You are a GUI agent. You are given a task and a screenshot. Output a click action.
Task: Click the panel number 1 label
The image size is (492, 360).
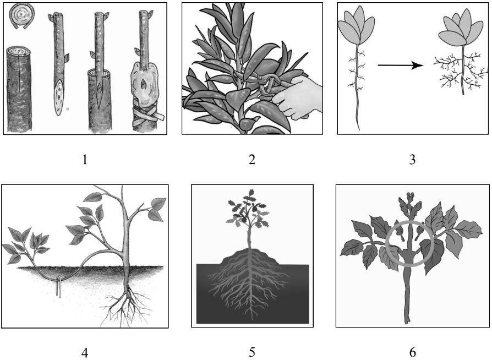84,160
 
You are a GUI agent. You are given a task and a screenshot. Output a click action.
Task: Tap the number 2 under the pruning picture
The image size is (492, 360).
252,160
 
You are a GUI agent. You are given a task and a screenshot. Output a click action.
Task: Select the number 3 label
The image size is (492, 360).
412,160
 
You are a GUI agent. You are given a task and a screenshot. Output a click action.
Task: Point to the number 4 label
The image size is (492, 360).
84,353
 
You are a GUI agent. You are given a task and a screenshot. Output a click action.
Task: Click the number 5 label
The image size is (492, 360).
252,353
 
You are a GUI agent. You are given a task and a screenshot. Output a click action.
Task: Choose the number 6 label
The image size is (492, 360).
413,353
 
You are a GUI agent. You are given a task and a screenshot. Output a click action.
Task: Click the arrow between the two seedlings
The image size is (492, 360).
401,66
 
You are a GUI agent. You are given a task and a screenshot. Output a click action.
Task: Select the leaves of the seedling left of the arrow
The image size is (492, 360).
356,28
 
